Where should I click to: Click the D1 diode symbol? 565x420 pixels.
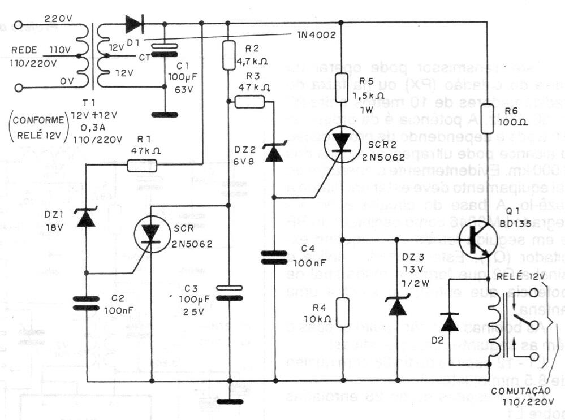tap(134, 24)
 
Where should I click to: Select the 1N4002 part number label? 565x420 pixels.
tap(316, 35)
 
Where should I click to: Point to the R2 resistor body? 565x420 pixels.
tap(228, 54)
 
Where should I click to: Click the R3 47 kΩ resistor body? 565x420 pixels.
tap(249, 102)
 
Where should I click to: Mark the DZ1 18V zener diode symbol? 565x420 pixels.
tap(86, 218)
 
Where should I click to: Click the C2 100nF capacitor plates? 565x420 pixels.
tap(86, 305)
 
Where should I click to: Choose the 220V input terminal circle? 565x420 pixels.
tap(20, 25)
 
